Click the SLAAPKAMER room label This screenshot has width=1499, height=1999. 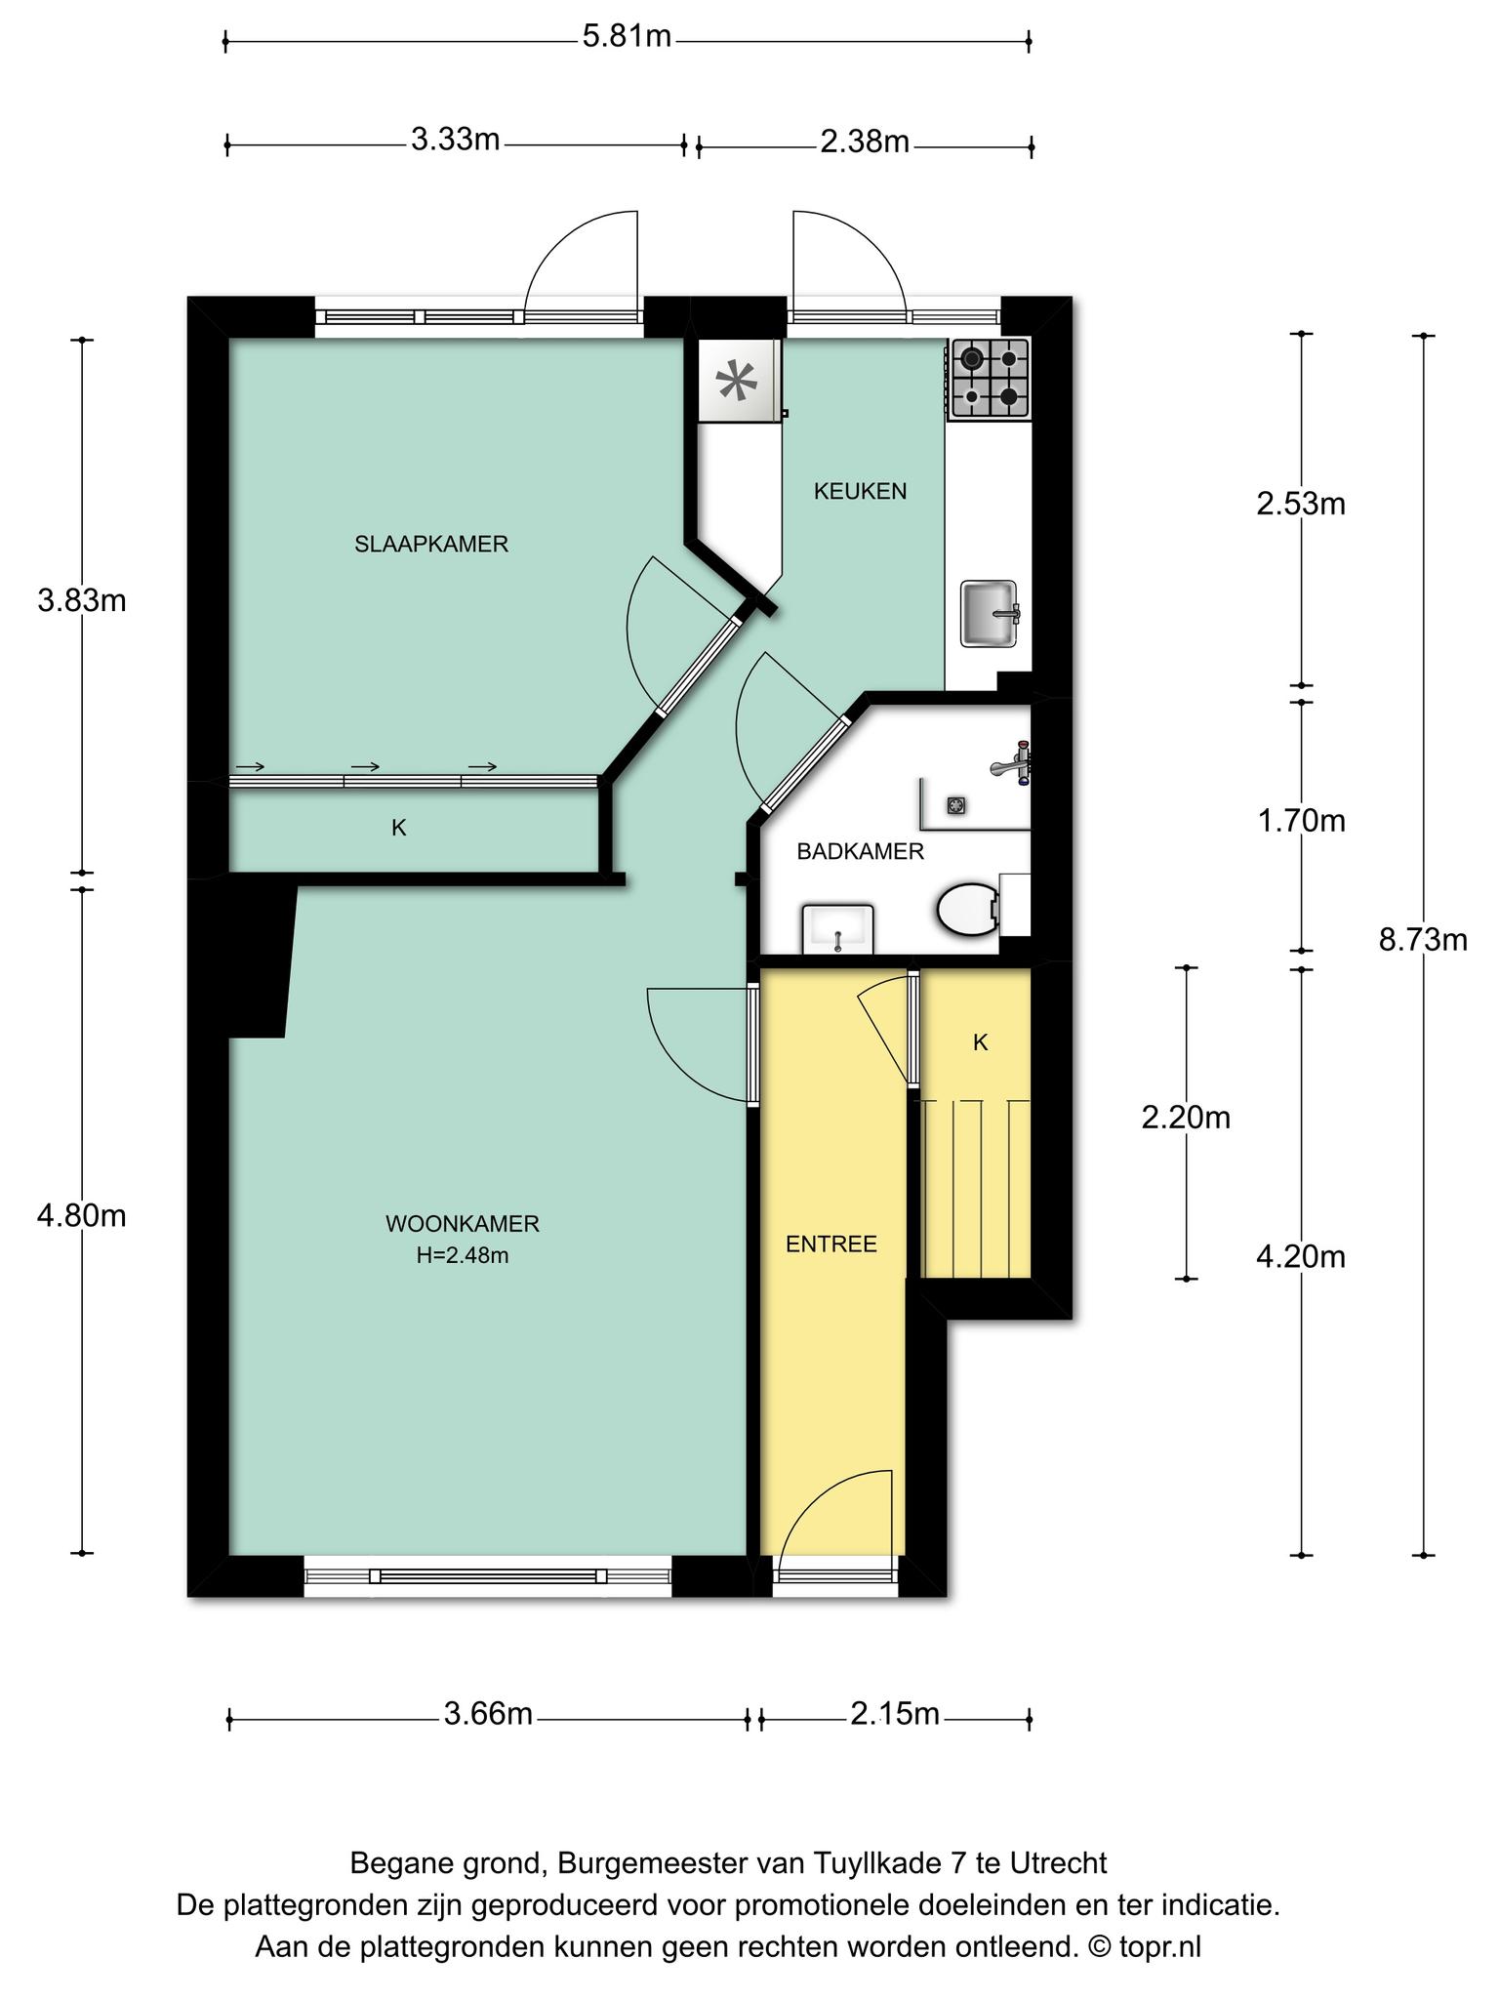pyautogui.click(x=431, y=544)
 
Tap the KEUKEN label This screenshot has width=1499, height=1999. pyautogui.click(x=860, y=491)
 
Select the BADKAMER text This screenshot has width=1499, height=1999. pyautogui.click(x=860, y=851)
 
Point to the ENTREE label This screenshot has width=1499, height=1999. pyautogui.click(x=831, y=1244)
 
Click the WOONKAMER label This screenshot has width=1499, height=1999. pyautogui.click(x=463, y=1223)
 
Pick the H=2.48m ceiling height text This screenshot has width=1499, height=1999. pyautogui.click(x=463, y=1255)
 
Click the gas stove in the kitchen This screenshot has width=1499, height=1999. pyautogui.click(x=990, y=379)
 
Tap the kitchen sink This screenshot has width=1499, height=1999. pyautogui.click(x=990, y=613)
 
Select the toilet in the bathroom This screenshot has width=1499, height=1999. pyautogui.click(x=969, y=910)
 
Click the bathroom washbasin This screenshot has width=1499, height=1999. pyautogui.click(x=837, y=928)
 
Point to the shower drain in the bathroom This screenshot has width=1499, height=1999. pyautogui.click(x=955, y=805)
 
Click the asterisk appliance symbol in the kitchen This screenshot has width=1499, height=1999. pyautogui.click(x=738, y=381)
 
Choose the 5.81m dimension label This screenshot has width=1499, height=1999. pyautogui.click(x=627, y=37)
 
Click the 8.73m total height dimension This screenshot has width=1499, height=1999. pyautogui.click(x=1423, y=940)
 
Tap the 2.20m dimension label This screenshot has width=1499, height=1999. pyautogui.click(x=1186, y=1117)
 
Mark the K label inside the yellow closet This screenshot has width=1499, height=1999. pyautogui.click(x=981, y=1042)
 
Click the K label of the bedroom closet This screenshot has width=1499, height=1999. pyautogui.click(x=399, y=828)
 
